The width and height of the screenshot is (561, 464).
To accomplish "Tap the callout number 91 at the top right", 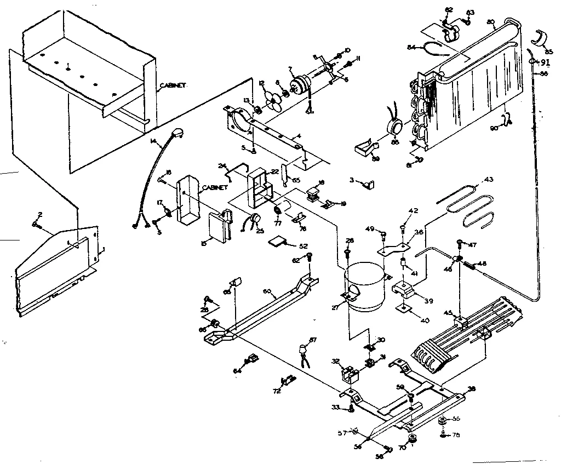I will tap(545, 62).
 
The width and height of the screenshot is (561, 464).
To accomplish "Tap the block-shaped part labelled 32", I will tap(348, 373).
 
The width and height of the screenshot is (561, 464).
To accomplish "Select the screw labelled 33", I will tap(351, 408).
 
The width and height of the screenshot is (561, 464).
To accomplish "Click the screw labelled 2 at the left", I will tap(37, 225).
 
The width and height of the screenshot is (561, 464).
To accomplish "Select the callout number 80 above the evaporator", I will tap(491, 22).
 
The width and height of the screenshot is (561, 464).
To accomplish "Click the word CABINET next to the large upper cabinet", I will tap(173, 86).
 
